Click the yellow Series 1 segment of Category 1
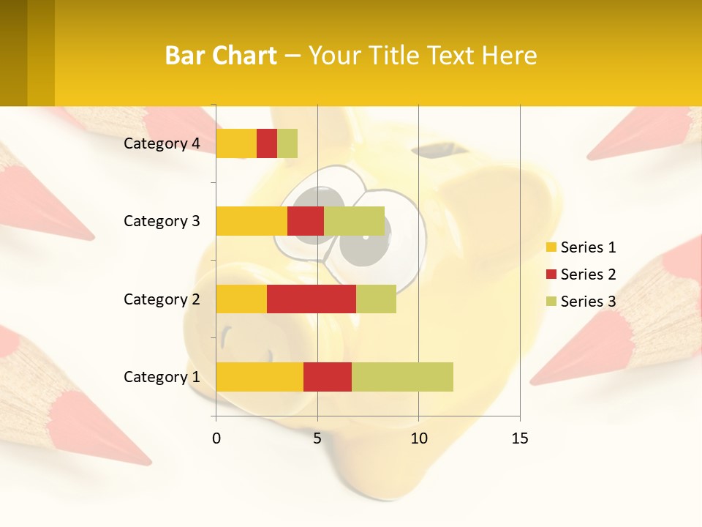(259, 376)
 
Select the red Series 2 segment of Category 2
(312, 299)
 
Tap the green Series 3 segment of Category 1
(402, 376)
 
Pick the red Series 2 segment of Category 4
(267, 143)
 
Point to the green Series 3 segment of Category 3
(354, 221)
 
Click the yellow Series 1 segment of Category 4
(236, 143)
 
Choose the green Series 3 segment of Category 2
(376, 299)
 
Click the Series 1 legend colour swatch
(551, 247)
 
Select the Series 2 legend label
(588, 274)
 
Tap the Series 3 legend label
(588, 302)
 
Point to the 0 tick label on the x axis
(216, 438)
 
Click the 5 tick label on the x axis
(317, 438)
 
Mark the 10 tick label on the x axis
(418, 438)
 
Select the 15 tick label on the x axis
(519, 438)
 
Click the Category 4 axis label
(162, 143)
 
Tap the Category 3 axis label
(162, 221)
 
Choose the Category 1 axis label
(162, 377)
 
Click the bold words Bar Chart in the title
(221, 56)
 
